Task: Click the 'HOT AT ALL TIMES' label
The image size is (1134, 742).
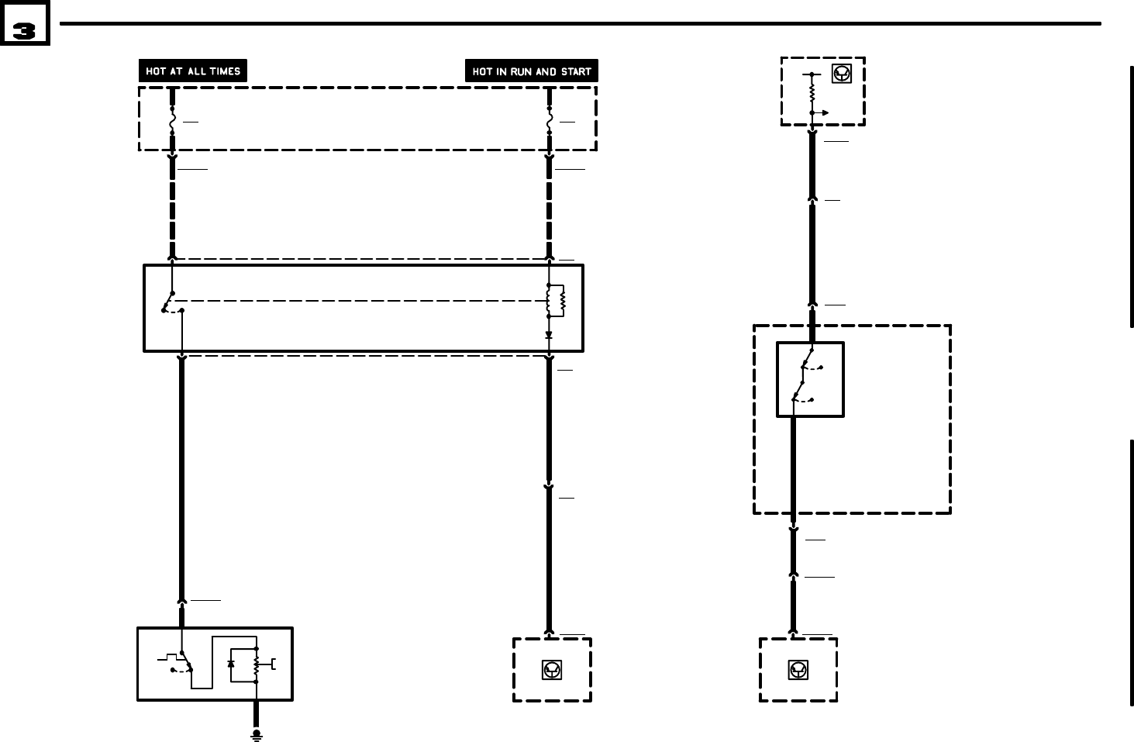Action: point(193,71)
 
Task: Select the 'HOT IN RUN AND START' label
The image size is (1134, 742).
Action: point(531,71)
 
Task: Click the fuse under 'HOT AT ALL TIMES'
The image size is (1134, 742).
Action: point(172,122)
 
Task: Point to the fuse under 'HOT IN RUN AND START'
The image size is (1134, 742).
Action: point(549,122)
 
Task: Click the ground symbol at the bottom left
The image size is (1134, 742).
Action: point(257,733)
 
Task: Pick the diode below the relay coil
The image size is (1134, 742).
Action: point(549,335)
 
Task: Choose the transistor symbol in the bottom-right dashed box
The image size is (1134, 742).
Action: point(798,670)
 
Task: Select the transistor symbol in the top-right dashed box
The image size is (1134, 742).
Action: point(841,74)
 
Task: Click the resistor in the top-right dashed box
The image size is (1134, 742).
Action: point(812,92)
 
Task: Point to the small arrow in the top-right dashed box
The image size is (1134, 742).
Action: point(822,113)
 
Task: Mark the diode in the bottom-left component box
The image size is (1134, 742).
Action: point(231,664)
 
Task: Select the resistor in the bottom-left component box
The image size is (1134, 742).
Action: point(256,664)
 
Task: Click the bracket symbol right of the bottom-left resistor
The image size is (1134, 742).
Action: point(273,664)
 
